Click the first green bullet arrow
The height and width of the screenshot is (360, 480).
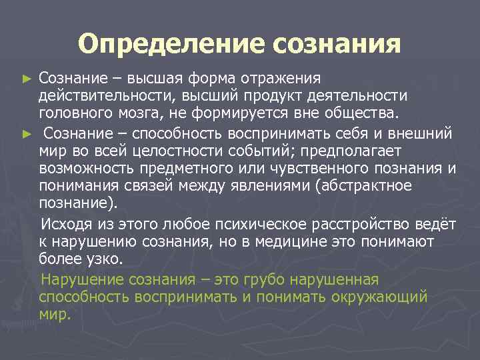pos(27,79)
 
